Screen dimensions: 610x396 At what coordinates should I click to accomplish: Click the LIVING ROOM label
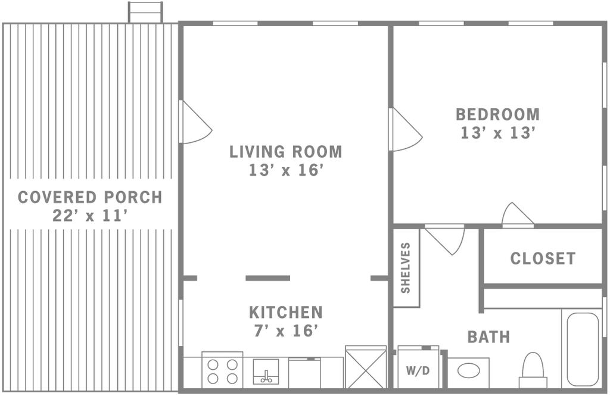click(285, 152)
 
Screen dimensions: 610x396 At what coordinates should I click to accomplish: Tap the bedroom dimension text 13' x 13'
click(497, 133)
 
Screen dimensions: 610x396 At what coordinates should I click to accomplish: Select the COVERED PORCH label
click(90, 197)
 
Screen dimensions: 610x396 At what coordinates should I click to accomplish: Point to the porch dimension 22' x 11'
click(90, 216)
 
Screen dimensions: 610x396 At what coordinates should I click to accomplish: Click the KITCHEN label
click(285, 313)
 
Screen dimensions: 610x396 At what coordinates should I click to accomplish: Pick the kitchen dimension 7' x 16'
click(285, 330)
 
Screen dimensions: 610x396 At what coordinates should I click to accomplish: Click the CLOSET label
click(543, 258)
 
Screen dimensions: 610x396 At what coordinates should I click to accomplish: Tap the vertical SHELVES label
click(405, 267)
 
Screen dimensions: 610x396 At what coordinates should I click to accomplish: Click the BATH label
click(488, 337)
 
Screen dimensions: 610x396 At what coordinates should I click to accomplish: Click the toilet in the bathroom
click(533, 370)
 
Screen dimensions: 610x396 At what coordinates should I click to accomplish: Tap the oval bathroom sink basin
click(468, 370)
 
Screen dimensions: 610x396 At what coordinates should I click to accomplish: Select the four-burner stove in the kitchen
click(223, 370)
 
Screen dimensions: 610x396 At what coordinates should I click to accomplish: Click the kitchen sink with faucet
click(266, 372)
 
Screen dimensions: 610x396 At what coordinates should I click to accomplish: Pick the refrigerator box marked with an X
click(366, 367)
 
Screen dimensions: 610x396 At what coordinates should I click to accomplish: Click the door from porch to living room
click(195, 122)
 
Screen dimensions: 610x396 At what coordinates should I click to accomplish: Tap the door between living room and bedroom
click(405, 130)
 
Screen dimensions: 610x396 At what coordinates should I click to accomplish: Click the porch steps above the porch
click(145, 12)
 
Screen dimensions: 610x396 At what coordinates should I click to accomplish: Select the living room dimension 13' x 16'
click(286, 170)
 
